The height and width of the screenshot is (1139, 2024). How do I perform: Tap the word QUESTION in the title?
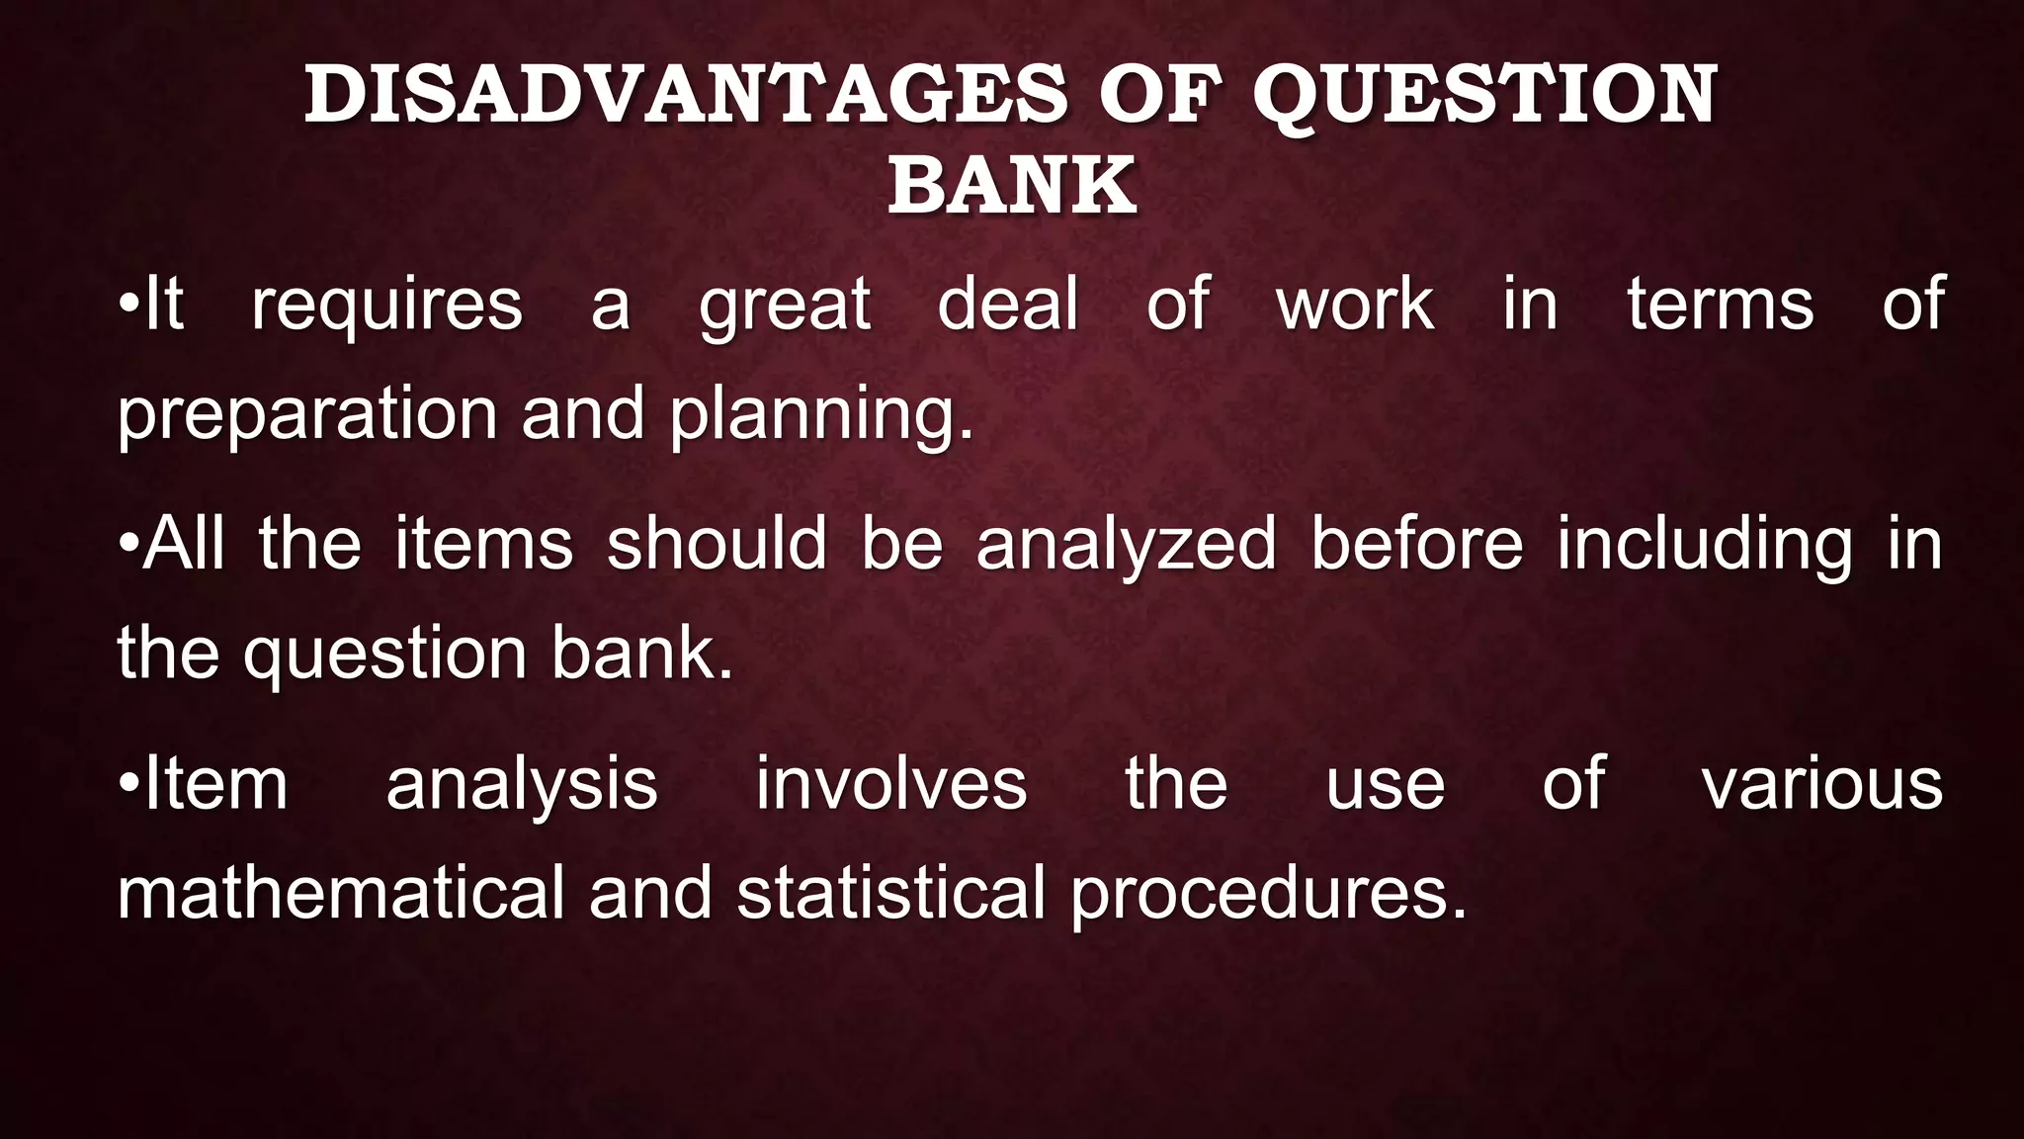[x=1484, y=95]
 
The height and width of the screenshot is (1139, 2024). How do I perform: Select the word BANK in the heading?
[x=1012, y=185]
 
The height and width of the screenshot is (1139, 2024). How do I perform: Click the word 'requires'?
[x=386, y=307]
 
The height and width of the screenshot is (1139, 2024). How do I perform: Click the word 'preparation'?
[x=307, y=415]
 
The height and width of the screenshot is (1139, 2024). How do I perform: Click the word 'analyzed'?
[x=1127, y=546]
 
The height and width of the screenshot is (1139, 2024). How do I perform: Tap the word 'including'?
[x=1705, y=546]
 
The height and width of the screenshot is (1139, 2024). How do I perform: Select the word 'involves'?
[x=891, y=784]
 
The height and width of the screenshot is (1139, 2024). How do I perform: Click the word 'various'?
[x=1822, y=784]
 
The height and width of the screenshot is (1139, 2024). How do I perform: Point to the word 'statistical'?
[x=890, y=892]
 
